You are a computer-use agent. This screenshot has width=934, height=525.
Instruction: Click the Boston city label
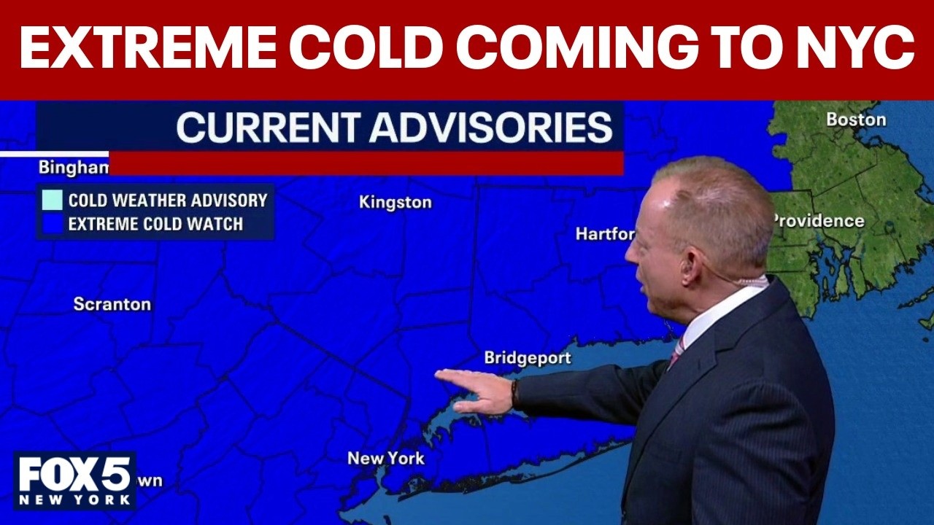[x=856, y=120]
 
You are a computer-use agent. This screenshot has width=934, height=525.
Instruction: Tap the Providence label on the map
[x=819, y=220]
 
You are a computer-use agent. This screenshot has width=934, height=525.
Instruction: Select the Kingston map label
[x=395, y=203]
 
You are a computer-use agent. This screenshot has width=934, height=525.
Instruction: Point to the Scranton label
[x=112, y=304]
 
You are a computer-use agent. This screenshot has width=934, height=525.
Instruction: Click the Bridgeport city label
[x=528, y=358]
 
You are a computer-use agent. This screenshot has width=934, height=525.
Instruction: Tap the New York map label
[x=385, y=459]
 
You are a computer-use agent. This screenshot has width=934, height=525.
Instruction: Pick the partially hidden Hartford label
[x=605, y=234]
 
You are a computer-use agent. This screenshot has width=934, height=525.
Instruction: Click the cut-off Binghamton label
[x=73, y=168]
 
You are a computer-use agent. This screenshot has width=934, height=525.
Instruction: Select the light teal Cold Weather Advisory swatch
[x=53, y=200]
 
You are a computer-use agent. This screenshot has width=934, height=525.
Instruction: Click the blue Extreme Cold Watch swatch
[x=53, y=224]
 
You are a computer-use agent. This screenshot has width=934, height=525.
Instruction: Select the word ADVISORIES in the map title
[x=490, y=128]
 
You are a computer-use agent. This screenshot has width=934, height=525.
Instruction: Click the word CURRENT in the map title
[x=269, y=128]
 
